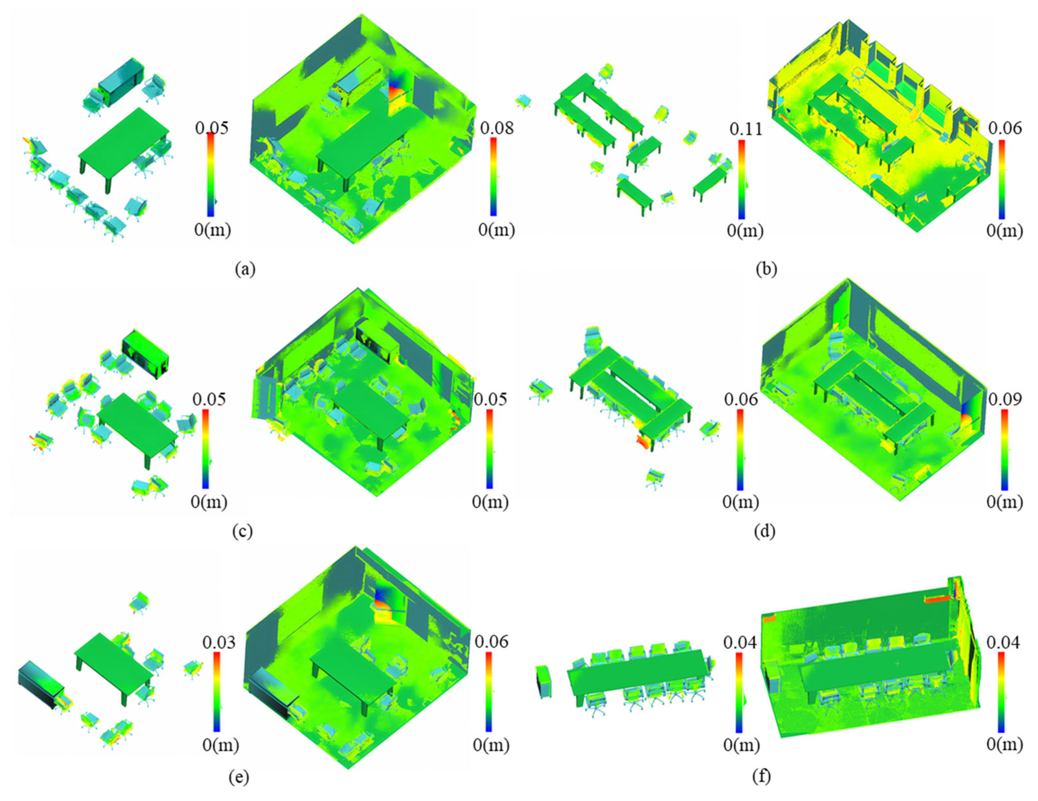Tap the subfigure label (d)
point(764,531)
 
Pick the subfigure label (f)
point(761,776)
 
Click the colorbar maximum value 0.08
point(496,128)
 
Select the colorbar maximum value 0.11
point(745,129)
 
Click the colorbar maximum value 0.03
point(219,643)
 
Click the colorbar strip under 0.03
point(217,692)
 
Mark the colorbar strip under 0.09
point(1004,449)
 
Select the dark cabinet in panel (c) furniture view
point(145,354)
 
